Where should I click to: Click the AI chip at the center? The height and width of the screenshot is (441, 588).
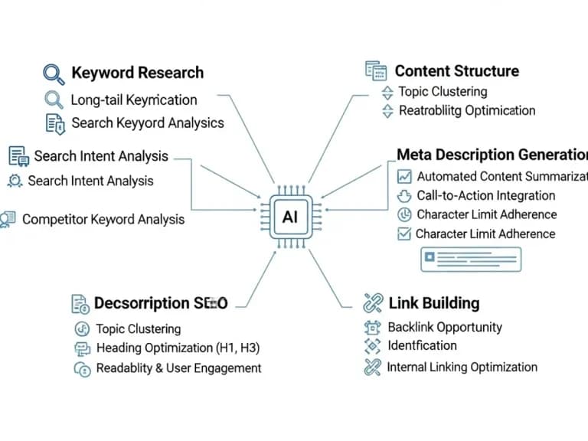point(289,217)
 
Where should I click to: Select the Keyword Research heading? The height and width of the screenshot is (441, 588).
point(137,73)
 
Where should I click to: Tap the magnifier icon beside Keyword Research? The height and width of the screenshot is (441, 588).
point(53,73)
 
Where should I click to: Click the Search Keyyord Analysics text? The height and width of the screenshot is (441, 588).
point(147,122)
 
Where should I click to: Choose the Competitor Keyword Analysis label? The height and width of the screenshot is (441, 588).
point(103,219)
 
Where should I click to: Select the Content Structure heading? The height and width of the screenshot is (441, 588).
point(456,71)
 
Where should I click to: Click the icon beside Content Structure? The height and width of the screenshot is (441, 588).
point(375,71)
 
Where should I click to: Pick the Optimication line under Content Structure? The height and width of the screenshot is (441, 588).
point(467,110)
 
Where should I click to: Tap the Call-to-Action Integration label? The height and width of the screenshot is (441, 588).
point(485,195)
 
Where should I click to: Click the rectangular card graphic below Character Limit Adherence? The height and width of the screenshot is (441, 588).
point(470,259)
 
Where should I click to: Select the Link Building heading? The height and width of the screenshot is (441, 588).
point(433,302)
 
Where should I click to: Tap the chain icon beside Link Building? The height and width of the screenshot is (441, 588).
point(373,302)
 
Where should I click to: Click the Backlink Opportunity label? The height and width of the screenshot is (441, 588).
point(444,327)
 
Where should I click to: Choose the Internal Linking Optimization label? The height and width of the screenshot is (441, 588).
point(462,367)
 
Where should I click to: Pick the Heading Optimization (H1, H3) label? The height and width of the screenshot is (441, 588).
point(178,348)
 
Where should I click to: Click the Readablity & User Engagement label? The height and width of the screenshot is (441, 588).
point(178,368)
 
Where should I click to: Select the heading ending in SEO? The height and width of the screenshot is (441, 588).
point(160,303)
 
